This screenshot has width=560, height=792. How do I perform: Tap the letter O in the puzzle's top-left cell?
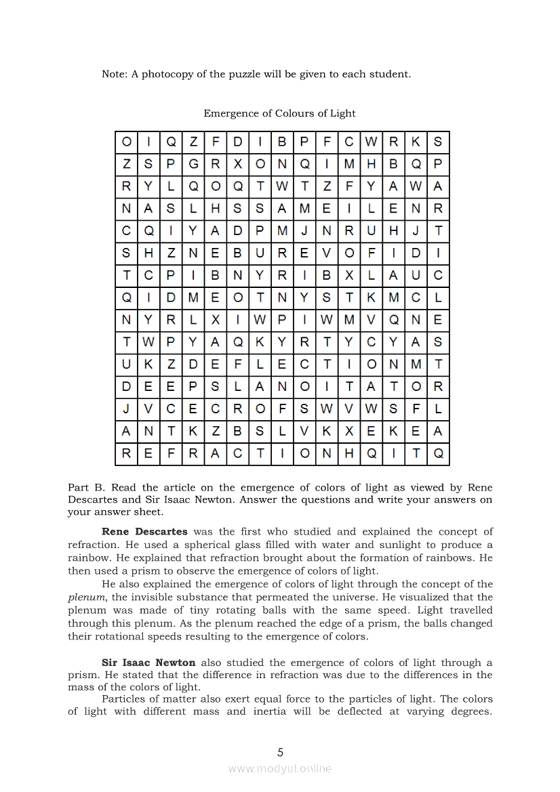click(x=127, y=142)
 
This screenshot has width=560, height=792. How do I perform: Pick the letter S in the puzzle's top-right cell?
click(x=438, y=142)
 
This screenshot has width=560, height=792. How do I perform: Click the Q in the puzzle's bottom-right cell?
click(x=438, y=454)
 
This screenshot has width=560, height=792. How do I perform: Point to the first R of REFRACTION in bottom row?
click(x=127, y=454)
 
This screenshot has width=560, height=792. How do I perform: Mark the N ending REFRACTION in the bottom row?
click(x=327, y=454)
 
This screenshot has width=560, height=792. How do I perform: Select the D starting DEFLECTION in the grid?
click(x=193, y=364)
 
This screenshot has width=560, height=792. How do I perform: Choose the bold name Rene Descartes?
click(x=144, y=532)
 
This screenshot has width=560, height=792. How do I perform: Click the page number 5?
click(x=280, y=752)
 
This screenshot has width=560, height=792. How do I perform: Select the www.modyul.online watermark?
click(x=280, y=768)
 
